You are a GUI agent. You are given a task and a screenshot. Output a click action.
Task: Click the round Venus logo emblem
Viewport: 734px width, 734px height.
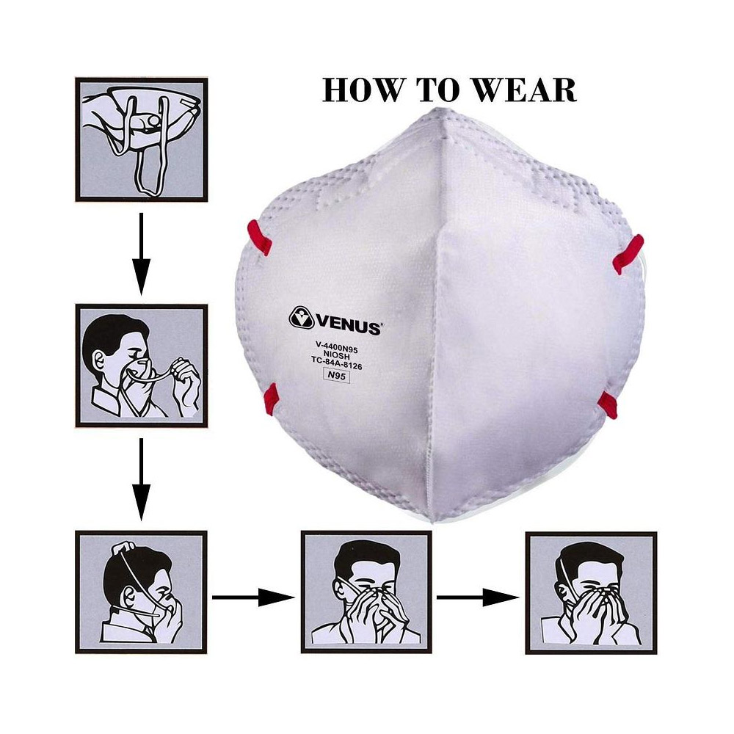pos(302,318)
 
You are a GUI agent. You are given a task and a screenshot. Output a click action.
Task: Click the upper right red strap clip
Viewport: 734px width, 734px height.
pos(628,253)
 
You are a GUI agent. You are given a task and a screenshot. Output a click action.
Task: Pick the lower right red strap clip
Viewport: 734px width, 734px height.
pos(608,404)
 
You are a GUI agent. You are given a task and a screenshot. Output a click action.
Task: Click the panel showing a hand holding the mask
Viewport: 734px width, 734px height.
pos(141,139)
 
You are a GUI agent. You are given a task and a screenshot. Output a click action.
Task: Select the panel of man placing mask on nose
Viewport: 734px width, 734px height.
pos(141,365)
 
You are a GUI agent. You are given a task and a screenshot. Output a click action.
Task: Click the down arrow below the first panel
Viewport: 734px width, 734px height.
pos(141,253)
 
